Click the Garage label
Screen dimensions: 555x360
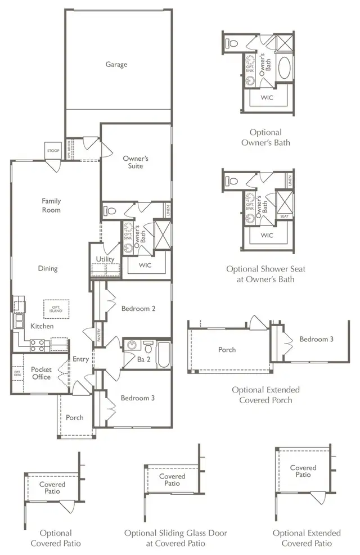point(116,64)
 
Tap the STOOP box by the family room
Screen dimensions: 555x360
point(52,150)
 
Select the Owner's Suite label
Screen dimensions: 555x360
point(136,162)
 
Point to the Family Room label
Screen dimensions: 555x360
point(51,205)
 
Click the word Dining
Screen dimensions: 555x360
point(48,268)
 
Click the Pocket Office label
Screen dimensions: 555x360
point(41,373)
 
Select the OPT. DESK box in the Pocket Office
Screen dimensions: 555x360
point(17,373)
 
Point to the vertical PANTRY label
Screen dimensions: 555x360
point(99,335)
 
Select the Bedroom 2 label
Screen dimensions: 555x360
point(138,308)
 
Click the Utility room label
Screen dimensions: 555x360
point(105,259)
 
